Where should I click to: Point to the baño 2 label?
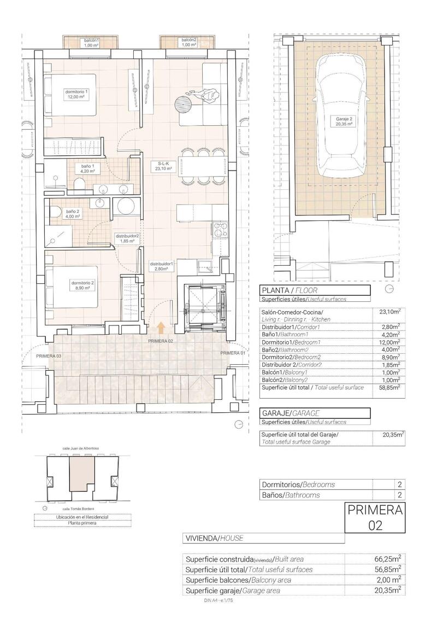pos(73,213)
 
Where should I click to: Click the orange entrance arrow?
pos(161,327)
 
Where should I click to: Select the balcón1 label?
pos(91,43)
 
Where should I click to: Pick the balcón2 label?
pos(188,43)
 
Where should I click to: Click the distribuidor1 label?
pos(161,266)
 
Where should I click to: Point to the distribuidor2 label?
pos(127,238)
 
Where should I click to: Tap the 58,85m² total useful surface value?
pos(389,387)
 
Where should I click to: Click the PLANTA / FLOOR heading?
pos(290,290)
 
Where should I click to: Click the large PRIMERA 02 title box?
pos(375,517)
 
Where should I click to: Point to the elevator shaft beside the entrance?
pos(205,308)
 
